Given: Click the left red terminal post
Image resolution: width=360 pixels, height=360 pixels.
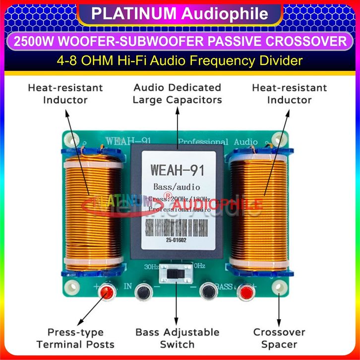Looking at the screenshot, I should (x=106, y=292).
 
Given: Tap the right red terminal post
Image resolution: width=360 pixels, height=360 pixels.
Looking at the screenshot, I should (x=244, y=293).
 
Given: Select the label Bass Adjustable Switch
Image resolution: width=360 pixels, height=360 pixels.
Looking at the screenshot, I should (x=177, y=338).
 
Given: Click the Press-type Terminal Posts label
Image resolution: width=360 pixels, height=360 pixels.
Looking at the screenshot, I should (x=75, y=338).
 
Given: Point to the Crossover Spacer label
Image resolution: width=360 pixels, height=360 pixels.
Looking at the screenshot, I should (x=279, y=338).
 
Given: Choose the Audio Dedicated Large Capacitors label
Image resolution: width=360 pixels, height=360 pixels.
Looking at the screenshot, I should (x=177, y=93).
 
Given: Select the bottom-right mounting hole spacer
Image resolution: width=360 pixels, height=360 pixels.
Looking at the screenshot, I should (x=279, y=286).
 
